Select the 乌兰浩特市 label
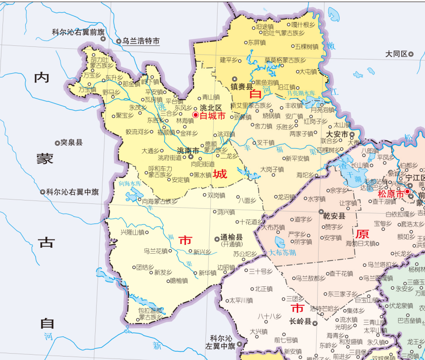click(141, 41)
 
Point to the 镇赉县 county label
click(245, 87)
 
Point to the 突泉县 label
click(72, 142)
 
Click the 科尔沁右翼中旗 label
click(72, 192)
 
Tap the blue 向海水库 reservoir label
click(129, 184)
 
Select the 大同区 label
click(396, 54)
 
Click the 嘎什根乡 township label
click(303, 25)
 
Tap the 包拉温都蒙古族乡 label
click(150, 314)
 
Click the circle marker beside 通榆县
click(217, 239)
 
